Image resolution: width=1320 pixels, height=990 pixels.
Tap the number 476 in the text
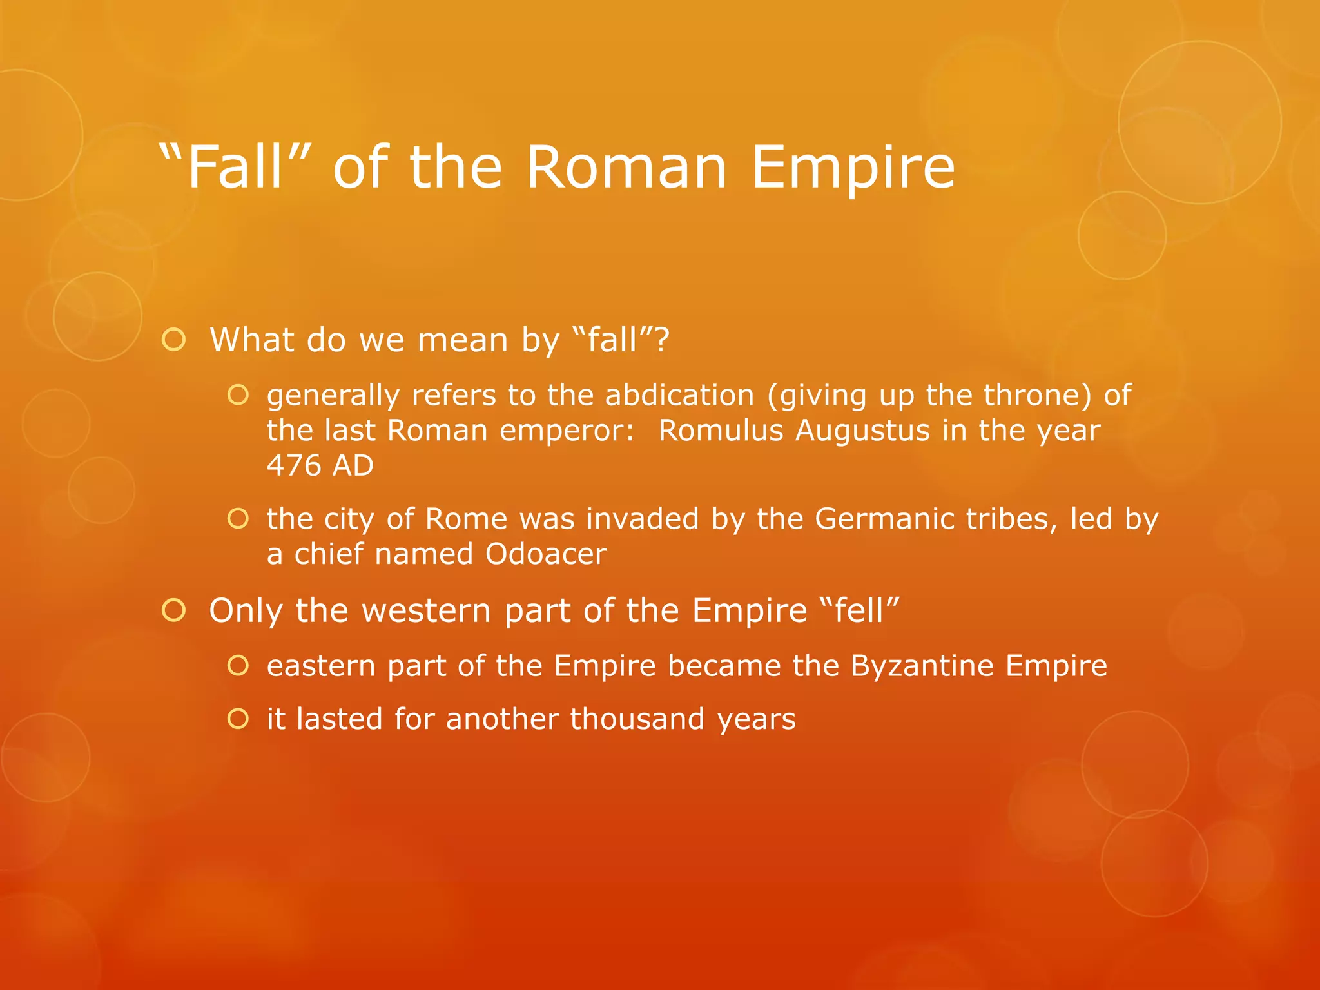tap(293, 465)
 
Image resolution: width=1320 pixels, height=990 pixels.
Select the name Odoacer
tap(546, 554)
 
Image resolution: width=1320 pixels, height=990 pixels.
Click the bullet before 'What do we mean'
tap(174, 340)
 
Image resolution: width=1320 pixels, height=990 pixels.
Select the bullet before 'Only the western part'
tap(174, 610)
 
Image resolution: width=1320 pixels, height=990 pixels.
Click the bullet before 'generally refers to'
tap(238, 395)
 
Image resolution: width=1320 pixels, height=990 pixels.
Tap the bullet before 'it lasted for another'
tap(238, 719)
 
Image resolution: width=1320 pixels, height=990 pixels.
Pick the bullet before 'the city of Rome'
tap(238, 518)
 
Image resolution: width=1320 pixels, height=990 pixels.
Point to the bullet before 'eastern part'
tap(238, 666)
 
